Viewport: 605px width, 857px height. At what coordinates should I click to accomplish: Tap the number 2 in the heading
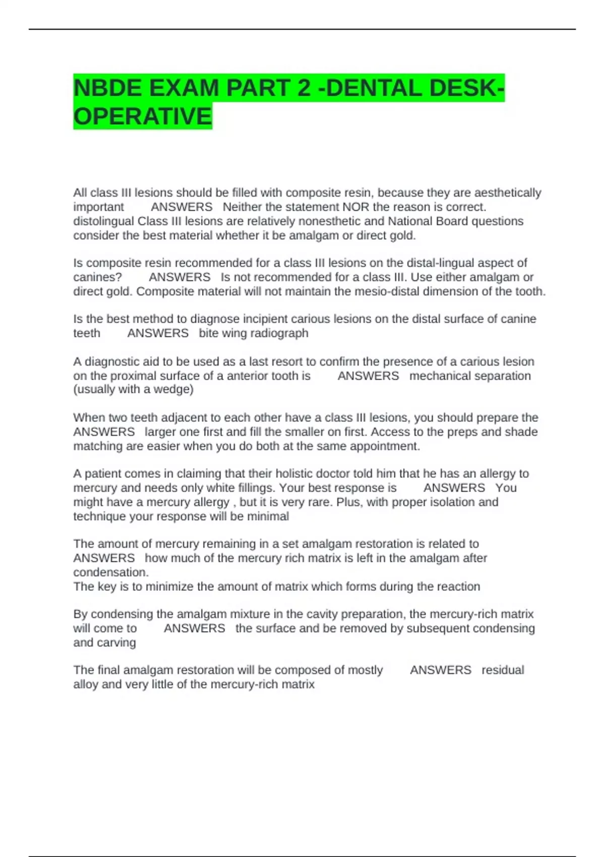[304, 88]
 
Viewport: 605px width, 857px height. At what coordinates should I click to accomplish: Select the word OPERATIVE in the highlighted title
[143, 116]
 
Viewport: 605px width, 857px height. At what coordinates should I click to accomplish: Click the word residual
[503, 670]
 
